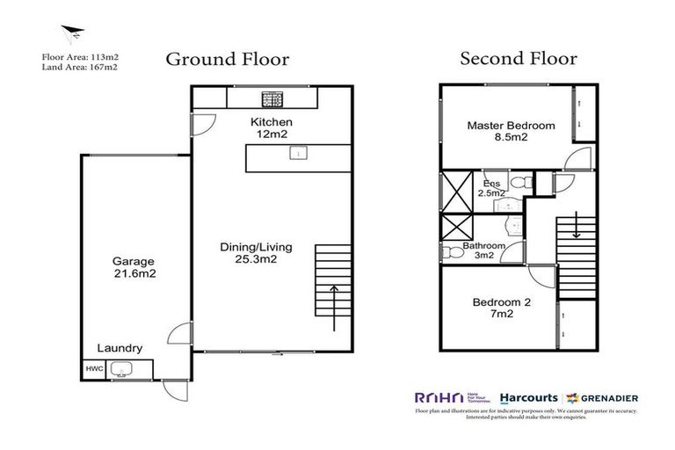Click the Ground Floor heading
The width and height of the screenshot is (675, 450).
pyautogui.click(x=228, y=59)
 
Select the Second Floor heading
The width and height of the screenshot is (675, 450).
pyautogui.click(x=519, y=59)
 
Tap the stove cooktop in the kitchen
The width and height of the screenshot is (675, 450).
pyautogui.click(x=271, y=98)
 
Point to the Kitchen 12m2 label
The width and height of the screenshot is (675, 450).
pyautogui.click(x=272, y=127)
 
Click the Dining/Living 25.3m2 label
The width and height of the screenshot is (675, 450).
pyautogui.click(x=255, y=253)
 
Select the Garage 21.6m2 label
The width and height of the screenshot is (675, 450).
pyautogui.click(x=133, y=267)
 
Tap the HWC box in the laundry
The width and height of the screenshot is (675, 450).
pyautogui.click(x=93, y=370)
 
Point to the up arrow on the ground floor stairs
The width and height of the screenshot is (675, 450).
pyautogui.click(x=334, y=306)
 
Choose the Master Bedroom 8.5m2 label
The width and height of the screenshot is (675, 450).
pyautogui.click(x=511, y=131)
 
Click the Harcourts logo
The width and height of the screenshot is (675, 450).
pyautogui.click(x=525, y=396)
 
